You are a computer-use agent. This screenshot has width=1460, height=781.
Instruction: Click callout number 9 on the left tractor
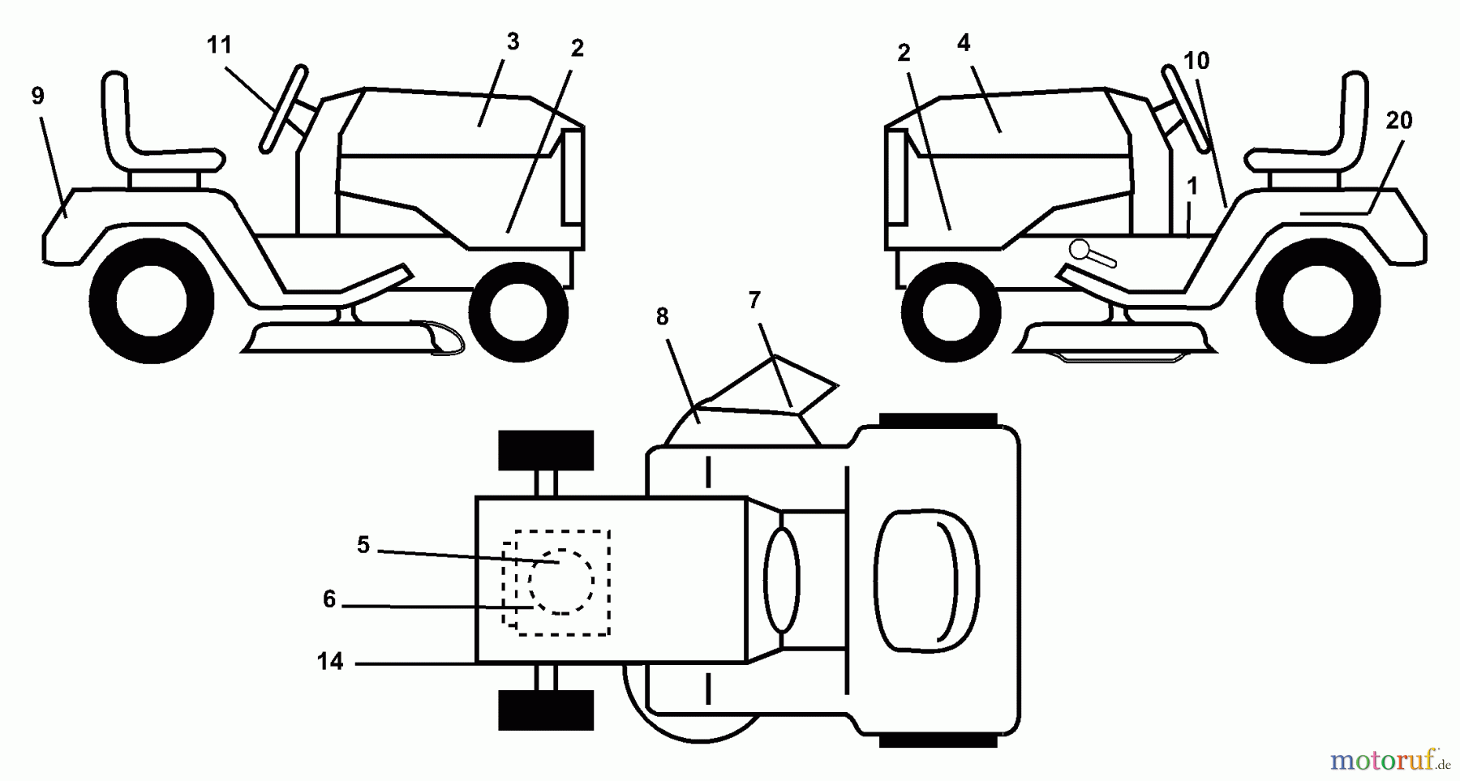(x=37, y=97)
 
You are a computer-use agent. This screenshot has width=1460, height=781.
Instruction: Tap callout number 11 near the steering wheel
(x=220, y=45)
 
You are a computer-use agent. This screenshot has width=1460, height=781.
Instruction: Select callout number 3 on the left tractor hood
(x=512, y=41)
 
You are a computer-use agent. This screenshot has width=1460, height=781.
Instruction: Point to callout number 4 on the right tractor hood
(x=964, y=43)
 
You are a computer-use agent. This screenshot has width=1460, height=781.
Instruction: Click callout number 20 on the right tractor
(x=1399, y=121)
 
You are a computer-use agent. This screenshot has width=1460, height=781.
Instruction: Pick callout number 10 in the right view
(x=1196, y=61)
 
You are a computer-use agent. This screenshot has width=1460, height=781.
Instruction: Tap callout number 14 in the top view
(x=330, y=662)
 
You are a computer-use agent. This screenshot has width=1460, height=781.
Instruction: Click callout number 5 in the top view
(x=363, y=545)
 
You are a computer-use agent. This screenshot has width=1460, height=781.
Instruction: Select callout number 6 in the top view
(x=329, y=599)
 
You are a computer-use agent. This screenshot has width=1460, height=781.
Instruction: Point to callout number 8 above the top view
(x=662, y=317)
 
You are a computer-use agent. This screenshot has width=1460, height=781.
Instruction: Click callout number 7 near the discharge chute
(x=754, y=301)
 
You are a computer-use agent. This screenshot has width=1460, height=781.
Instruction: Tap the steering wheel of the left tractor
(x=284, y=109)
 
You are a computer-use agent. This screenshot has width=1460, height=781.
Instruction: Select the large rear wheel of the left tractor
(x=151, y=301)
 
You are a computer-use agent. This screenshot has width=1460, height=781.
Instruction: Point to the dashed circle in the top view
(x=561, y=581)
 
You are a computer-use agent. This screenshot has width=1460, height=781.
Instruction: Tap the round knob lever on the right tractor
(x=1092, y=253)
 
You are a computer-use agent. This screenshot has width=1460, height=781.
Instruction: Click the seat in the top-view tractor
(x=927, y=581)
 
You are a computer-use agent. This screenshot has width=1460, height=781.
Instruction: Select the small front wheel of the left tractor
(x=518, y=311)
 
